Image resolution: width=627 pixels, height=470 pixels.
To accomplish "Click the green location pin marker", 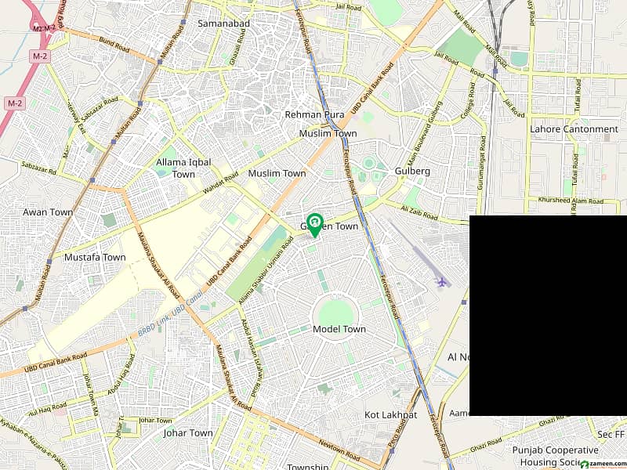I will click(x=314, y=224).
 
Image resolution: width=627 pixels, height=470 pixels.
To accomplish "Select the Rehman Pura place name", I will click(x=314, y=115).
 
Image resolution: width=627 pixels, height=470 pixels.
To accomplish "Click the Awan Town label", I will click(x=47, y=212).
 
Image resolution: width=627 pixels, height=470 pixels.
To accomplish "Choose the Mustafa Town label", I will click(x=95, y=257).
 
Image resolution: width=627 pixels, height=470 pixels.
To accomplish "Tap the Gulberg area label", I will click(x=413, y=171).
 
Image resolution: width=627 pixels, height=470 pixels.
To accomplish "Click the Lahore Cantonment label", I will click(x=574, y=129).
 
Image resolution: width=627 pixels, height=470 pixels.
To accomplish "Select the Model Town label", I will click(x=339, y=329).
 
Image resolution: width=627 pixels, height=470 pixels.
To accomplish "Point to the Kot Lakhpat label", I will click(x=390, y=414).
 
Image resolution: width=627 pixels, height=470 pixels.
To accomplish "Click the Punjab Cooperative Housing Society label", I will click(x=555, y=456).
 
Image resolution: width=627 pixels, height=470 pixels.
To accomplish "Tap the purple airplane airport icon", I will click(x=441, y=281).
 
